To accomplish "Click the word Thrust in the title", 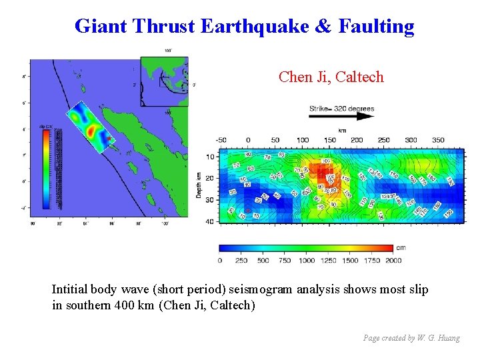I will click(165, 27).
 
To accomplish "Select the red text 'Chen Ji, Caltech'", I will click(331, 77).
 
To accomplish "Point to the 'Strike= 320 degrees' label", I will click(341, 108).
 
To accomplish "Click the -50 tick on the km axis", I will click(221, 140).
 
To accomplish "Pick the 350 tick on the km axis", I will click(437, 140).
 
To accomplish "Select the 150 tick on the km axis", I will click(329, 140).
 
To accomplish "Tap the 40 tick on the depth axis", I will click(210, 221).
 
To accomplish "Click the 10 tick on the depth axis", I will click(210, 157).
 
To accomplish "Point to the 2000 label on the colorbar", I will click(393, 261).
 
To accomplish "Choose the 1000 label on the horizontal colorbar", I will click(307, 261).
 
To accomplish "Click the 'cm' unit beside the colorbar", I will click(400, 248).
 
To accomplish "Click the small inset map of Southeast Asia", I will click(164, 82).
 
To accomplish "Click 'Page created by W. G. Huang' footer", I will click(411, 338).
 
